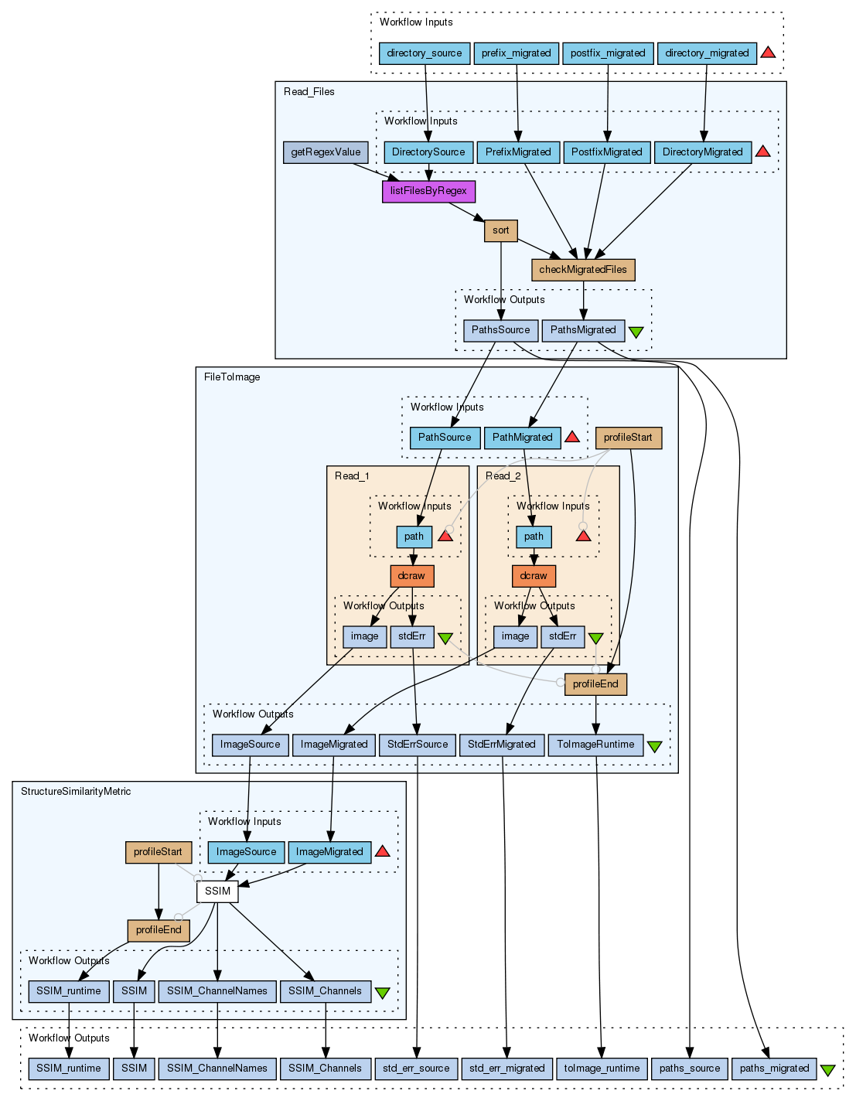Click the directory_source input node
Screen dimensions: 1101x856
pyautogui.click(x=425, y=53)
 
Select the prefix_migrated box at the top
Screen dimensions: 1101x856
pyautogui.click(x=516, y=53)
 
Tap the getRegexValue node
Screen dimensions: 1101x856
pyautogui.click(x=326, y=152)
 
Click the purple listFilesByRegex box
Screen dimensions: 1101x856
pyautogui.click(x=428, y=191)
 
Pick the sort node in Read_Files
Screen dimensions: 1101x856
pyautogui.click(x=501, y=230)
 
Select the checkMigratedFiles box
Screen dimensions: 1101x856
pyautogui.click(x=583, y=270)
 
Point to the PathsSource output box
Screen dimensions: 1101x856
pyautogui.click(x=500, y=330)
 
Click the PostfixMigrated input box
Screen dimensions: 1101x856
pyautogui.click(x=606, y=152)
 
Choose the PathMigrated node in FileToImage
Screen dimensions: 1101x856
pyautogui.click(x=522, y=438)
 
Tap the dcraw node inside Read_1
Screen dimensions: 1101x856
pyautogui.click(x=412, y=576)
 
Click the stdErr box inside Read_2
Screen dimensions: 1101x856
pyautogui.click(x=562, y=636)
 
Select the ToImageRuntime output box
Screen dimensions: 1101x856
pyautogui.click(x=595, y=745)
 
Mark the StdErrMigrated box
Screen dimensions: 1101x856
pyautogui.click(x=501, y=745)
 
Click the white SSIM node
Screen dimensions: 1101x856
pyautogui.click(x=217, y=891)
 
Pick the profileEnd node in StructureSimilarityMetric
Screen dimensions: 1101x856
pyautogui.click(x=159, y=930)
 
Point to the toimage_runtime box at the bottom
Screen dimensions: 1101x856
pyautogui.click(x=602, y=1069)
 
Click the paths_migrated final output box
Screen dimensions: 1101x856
pyautogui.click(x=774, y=1069)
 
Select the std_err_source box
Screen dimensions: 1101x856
pyautogui.click(x=416, y=1069)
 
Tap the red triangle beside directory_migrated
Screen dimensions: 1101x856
pyautogui.click(x=768, y=53)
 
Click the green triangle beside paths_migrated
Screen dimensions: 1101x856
pyautogui.click(x=827, y=1070)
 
